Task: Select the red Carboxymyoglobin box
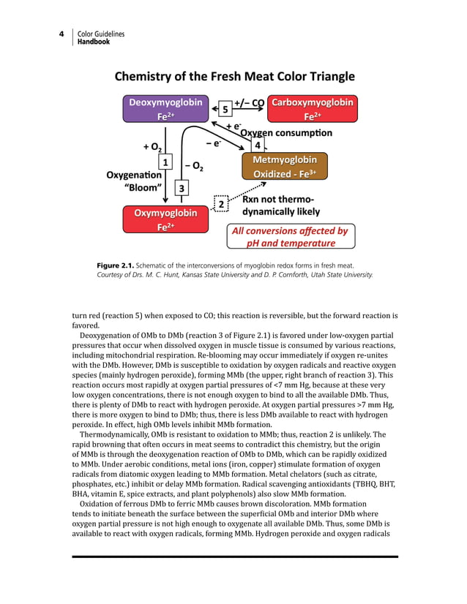(313, 109)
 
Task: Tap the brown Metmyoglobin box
(285, 167)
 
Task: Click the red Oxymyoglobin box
(165, 219)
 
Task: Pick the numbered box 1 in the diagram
(165, 162)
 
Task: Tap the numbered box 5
(225, 110)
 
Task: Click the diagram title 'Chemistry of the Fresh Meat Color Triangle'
(234, 76)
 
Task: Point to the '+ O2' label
(152, 147)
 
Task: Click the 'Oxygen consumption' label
(286, 133)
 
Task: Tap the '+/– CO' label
(249, 102)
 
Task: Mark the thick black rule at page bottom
(234, 556)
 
